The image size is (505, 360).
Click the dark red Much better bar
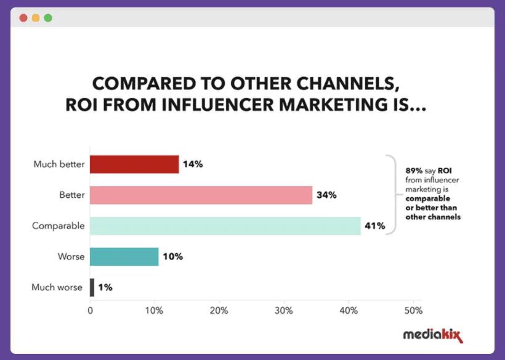pos(134,164)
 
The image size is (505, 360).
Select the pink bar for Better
pos(201,195)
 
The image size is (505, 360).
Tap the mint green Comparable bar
pos(225,226)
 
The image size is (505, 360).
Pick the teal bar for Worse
pos(124,256)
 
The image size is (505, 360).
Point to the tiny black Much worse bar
pos(92,287)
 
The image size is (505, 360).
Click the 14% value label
pos(193,165)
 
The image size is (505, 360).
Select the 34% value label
pos(326,195)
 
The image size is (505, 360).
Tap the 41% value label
pos(375,226)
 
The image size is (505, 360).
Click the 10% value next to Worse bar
pos(172,256)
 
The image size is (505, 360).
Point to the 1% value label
pos(105,287)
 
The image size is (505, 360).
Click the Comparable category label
pos(59,226)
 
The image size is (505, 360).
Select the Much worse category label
pos(57,287)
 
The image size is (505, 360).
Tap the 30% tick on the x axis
pos(284,310)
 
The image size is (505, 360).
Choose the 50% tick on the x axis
pos(413,310)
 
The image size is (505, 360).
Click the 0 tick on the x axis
pos(91,310)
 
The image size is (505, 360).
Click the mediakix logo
pos(432,335)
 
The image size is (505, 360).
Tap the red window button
pos(23,18)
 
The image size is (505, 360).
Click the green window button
pos(48,18)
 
